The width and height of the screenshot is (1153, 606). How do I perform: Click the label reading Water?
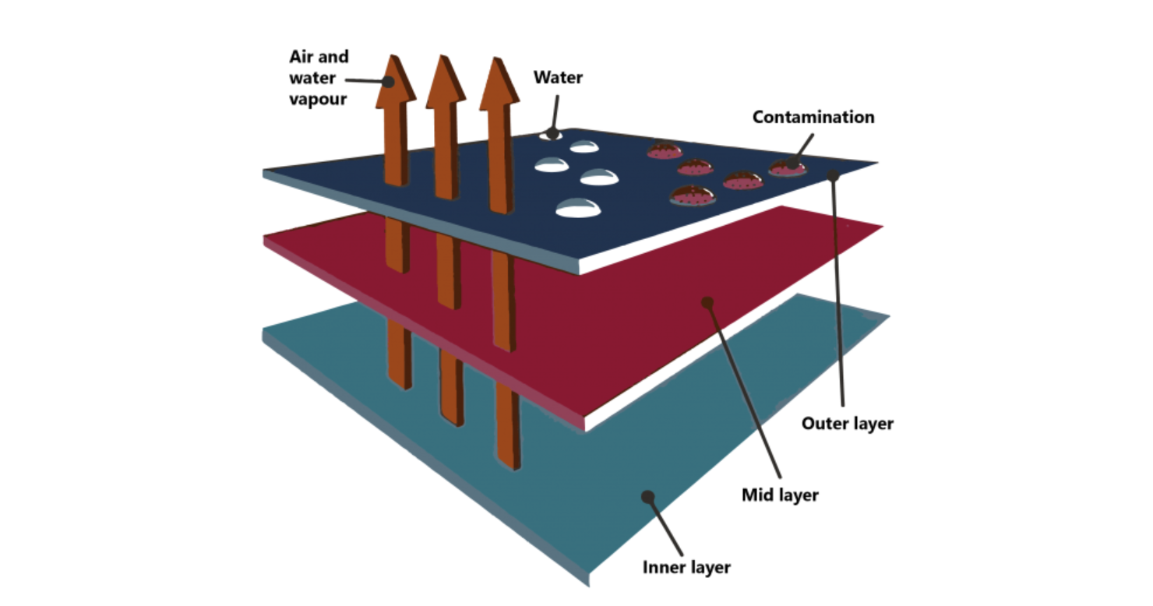[558, 78]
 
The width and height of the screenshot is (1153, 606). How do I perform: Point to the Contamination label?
[813, 118]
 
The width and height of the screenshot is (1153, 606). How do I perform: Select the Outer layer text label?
[848, 424]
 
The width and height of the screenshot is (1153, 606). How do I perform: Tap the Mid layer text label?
[780, 495]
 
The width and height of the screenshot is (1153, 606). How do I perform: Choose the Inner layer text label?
[686, 567]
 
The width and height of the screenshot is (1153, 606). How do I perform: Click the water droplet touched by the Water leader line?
[552, 135]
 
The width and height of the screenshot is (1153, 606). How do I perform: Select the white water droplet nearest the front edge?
[577, 208]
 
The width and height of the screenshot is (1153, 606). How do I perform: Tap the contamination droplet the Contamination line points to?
[787, 167]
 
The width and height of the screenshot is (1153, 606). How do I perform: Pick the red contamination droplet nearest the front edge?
[693, 196]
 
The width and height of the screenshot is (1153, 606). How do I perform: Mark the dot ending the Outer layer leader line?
[834, 176]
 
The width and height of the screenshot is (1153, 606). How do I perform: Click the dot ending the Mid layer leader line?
[707, 301]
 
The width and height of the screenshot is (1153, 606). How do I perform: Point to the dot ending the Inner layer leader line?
[646, 496]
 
